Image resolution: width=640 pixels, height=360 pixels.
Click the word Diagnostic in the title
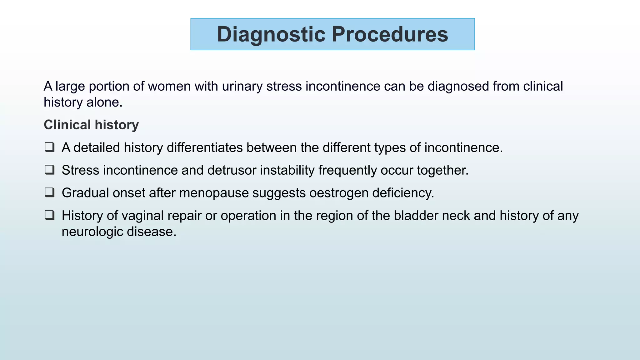tap(271, 34)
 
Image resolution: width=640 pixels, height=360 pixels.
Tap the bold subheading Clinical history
tap(91, 125)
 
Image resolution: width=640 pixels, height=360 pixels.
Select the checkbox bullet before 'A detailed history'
tap(49, 147)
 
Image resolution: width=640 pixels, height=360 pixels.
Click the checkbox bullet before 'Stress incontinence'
tap(49, 170)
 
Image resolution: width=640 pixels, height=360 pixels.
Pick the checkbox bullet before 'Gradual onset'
tap(49, 192)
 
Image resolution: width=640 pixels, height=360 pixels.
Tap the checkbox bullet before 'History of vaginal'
tap(49, 215)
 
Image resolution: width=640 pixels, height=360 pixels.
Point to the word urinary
tap(242, 86)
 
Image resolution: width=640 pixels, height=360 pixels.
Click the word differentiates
tap(205, 147)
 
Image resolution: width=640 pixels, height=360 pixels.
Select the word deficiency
tap(403, 193)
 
